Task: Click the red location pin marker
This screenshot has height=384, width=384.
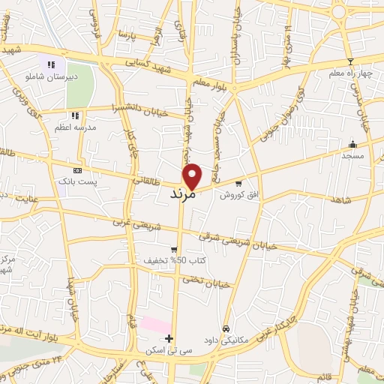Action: [193, 175]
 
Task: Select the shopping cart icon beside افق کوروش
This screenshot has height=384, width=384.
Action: [238, 183]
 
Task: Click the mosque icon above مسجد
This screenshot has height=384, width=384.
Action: [352, 145]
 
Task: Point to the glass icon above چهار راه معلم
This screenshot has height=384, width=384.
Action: [349, 61]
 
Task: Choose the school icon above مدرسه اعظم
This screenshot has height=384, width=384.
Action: [74, 115]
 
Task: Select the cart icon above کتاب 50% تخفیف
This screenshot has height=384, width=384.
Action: [174, 250]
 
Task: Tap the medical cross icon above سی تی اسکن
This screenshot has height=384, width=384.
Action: [169, 338]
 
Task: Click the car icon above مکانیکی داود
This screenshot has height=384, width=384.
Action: [225, 328]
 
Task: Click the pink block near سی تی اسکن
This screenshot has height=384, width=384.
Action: [156, 325]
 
